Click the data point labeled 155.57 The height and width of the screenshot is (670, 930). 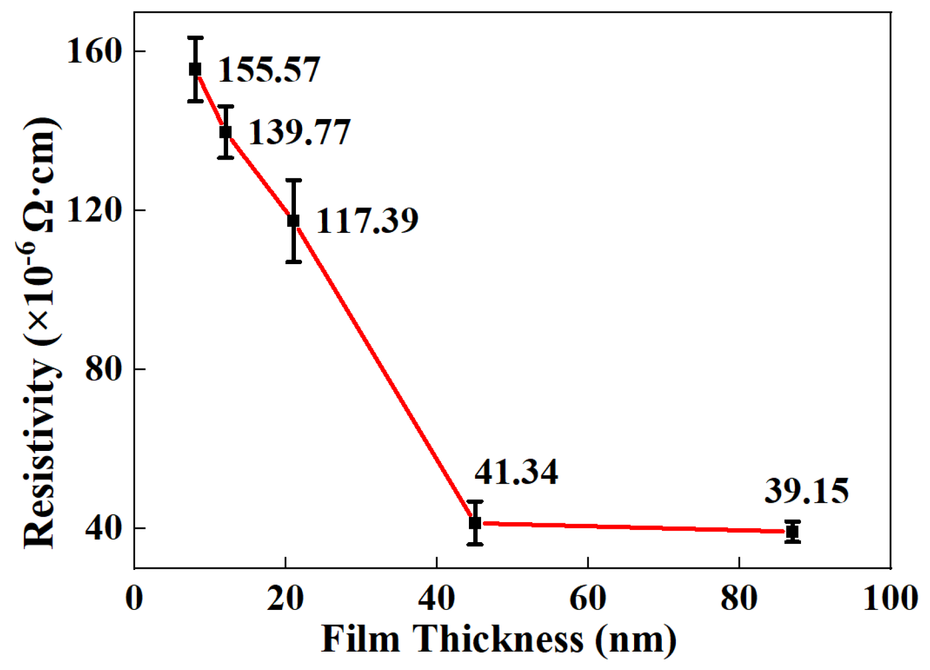pyautogui.click(x=195, y=69)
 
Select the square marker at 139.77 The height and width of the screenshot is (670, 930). pyautogui.click(x=225, y=132)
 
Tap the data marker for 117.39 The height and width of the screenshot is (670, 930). pyautogui.click(x=293, y=221)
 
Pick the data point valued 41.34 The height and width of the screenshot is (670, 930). pyautogui.click(x=474, y=523)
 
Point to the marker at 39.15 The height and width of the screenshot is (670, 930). pyautogui.click(x=792, y=532)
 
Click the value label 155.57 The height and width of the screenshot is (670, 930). pyautogui.click(x=269, y=70)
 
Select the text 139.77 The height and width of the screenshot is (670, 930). pyautogui.click(x=299, y=132)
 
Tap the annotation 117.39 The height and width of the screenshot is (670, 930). pyautogui.click(x=367, y=221)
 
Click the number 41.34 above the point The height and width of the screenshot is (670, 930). pyautogui.click(x=516, y=472)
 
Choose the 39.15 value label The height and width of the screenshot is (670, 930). pyautogui.click(x=807, y=491)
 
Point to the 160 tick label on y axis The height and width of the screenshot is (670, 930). pyautogui.click(x=94, y=51)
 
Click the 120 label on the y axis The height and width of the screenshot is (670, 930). pyautogui.click(x=94, y=210)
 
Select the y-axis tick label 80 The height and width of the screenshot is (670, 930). pyautogui.click(x=103, y=369)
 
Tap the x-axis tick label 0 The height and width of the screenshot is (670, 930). pyautogui.click(x=135, y=599)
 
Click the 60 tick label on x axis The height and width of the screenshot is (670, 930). pyautogui.click(x=588, y=599)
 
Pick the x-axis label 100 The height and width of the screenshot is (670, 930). pyautogui.click(x=890, y=599)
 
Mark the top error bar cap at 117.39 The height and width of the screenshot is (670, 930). pyautogui.click(x=293, y=180)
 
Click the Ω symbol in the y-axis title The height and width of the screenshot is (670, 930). pyautogui.click(x=42, y=219)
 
